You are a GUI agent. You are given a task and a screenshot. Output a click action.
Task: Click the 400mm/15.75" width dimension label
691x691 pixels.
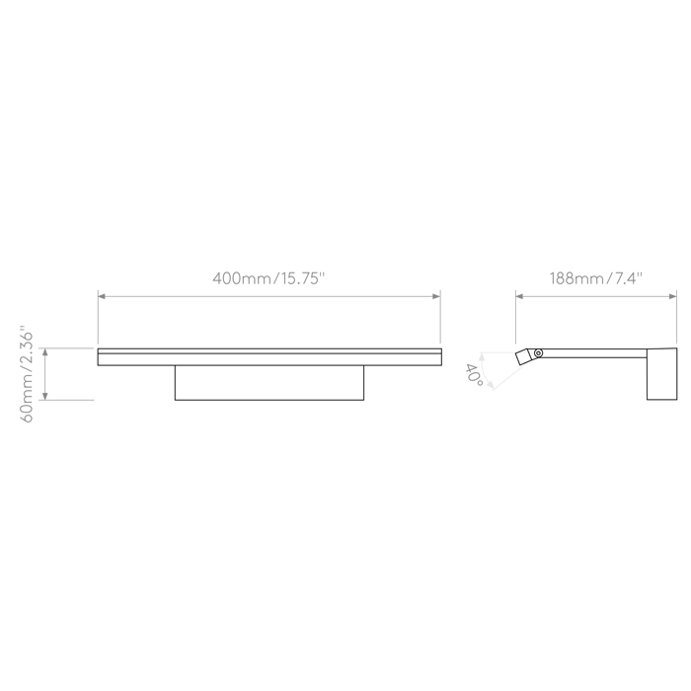[x=269, y=278]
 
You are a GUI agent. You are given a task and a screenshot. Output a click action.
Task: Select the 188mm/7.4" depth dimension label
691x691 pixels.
[x=596, y=278]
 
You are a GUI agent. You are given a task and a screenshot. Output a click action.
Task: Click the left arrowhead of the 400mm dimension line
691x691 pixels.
[x=101, y=293]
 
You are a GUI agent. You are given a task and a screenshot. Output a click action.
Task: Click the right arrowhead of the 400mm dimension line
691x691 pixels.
[x=437, y=293]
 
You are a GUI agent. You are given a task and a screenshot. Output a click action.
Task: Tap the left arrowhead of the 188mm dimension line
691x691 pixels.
[x=519, y=293]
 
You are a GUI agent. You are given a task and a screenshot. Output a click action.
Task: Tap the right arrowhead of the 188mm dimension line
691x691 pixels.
[x=674, y=293]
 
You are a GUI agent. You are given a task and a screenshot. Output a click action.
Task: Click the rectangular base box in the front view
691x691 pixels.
[x=269, y=383]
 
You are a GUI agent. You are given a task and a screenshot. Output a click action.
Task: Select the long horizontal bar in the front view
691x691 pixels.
[x=269, y=356]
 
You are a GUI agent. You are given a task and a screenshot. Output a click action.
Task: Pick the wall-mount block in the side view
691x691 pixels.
[x=661, y=375]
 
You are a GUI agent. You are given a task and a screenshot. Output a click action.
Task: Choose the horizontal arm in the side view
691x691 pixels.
[x=592, y=350]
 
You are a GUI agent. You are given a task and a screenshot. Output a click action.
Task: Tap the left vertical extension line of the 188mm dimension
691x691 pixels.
[x=515, y=316]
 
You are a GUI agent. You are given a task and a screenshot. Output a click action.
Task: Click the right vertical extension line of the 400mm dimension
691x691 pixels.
[x=440, y=316]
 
